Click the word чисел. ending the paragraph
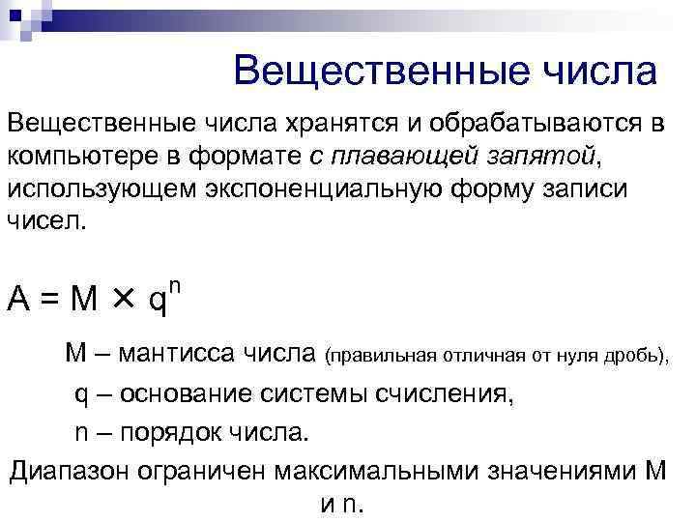(47, 219)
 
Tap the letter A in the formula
(16, 301)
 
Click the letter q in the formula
(156, 303)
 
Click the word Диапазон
(72, 471)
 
